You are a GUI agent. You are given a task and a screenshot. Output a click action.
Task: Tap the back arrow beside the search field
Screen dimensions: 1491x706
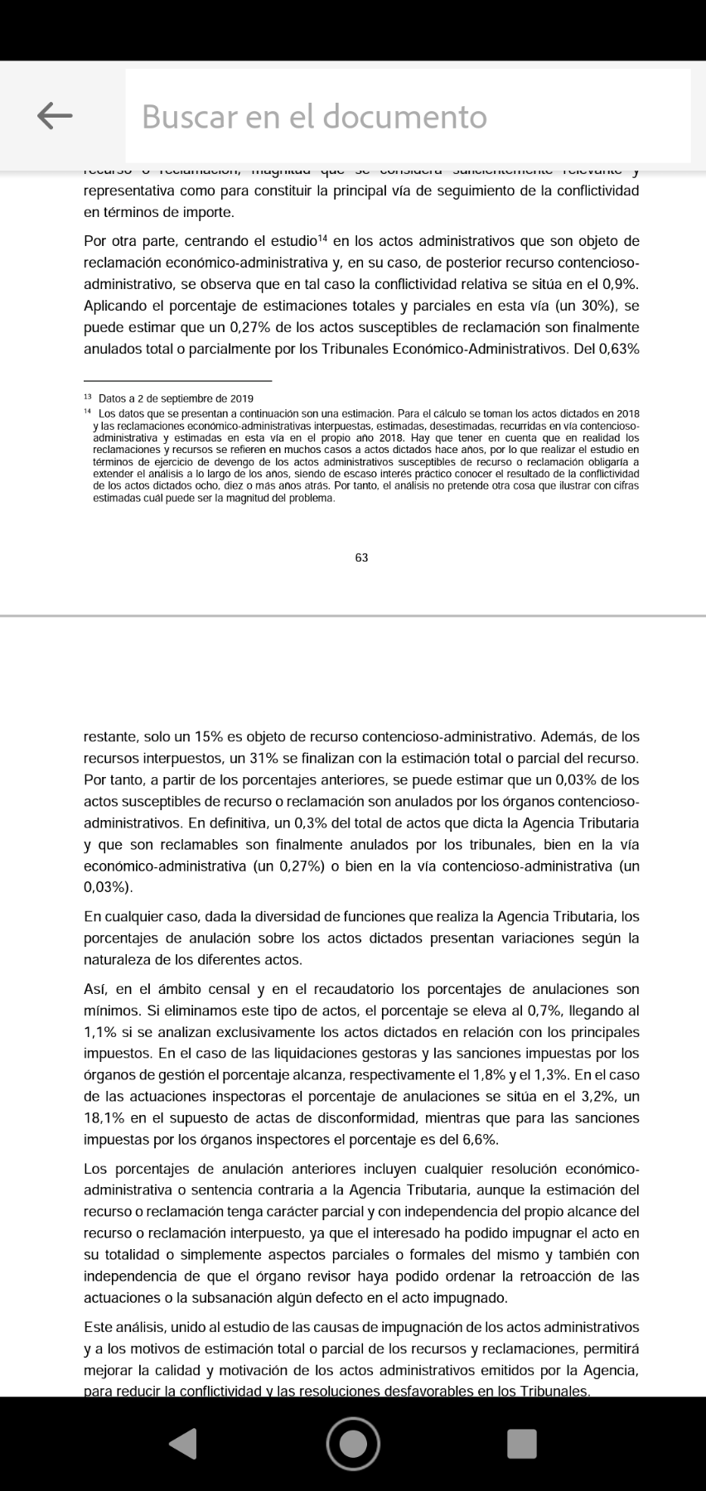pyautogui.click(x=55, y=116)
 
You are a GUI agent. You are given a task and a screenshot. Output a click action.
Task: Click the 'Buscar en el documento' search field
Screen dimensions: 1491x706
pyautogui.click(x=406, y=117)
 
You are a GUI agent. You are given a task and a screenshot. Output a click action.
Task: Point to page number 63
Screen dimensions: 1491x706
pyautogui.click(x=361, y=557)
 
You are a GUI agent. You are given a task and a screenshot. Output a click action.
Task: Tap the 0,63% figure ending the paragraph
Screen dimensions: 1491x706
pyautogui.click(x=617, y=349)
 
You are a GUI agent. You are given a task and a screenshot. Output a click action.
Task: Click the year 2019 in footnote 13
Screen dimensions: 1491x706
pyautogui.click(x=241, y=398)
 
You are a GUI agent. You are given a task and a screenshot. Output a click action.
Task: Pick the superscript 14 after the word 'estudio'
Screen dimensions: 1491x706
pyautogui.click(x=324, y=239)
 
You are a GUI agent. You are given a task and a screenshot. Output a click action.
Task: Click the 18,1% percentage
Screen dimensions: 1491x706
pyautogui.click(x=104, y=1118)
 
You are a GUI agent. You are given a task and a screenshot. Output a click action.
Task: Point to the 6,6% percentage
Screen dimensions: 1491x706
pyautogui.click(x=480, y=1140)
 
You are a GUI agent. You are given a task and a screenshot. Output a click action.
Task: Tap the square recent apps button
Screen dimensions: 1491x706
pyautogui.click(x=522, y=1443)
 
